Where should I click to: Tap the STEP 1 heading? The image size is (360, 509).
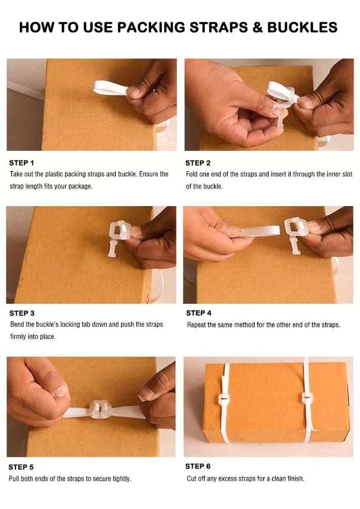click(21, 163)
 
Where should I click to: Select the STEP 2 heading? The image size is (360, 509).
click(198, 163)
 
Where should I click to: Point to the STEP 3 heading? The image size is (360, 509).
click(22, 313)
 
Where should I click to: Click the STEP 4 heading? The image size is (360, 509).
click(199, 313)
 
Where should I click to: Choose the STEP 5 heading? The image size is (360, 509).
click(21, 467)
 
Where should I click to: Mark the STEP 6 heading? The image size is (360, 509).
click(198, 466)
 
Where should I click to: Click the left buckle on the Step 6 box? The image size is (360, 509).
click(224, 399)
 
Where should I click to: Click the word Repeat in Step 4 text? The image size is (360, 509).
click(197, 325)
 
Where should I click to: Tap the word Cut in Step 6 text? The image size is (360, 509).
click(192, 478)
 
